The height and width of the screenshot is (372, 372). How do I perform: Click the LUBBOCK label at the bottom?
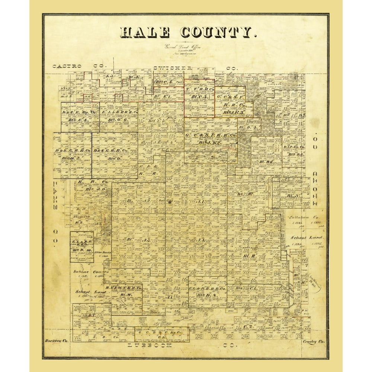149,346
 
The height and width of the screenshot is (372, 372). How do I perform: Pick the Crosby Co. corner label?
314,341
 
